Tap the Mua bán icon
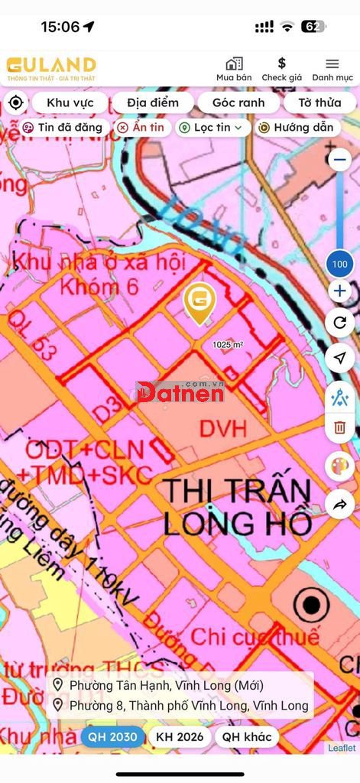click(233, 68)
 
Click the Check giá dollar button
click(281, 68)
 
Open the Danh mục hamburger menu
click(332, 68)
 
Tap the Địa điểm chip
click(153, 102)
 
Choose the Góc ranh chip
click(238, 102)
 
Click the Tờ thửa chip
click(319, 102)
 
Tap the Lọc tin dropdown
click(213, 128)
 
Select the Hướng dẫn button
click(297, 128)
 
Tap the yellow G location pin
click(199, 301)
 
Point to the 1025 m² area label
click(228, 345)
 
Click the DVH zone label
click(223, 428)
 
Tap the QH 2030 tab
click(112, 737)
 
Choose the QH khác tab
click(246, 737)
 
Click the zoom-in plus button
click(340, 291)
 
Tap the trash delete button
click(340, 427)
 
